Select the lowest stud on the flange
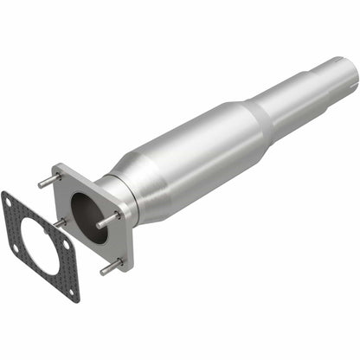[x=110, y=264]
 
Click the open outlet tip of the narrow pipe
[x=344, y=66]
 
